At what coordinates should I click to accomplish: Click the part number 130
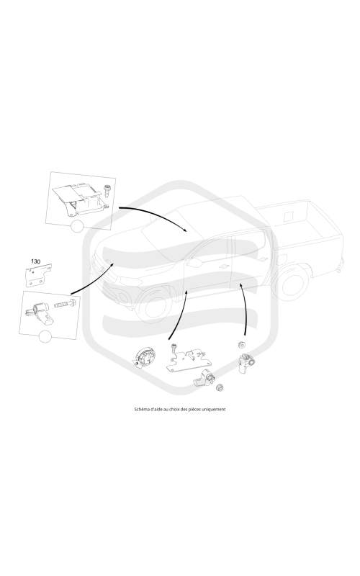tap(35, 261)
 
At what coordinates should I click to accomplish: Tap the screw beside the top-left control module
tap(107, 192)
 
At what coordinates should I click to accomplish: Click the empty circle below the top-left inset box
tap(77, 226)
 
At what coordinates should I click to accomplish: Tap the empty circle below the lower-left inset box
tap(45, 336)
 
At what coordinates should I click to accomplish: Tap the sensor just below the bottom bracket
tap(204, 379)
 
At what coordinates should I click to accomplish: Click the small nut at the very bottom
tap(220, 387)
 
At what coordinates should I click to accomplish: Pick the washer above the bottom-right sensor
tap(242, 345)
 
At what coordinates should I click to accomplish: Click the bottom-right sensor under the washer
tap(244, 364)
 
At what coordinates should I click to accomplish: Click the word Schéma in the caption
tap(141, 409)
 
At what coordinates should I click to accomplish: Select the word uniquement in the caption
tap(215, 409)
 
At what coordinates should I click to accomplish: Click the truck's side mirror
tap(193, 262)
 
